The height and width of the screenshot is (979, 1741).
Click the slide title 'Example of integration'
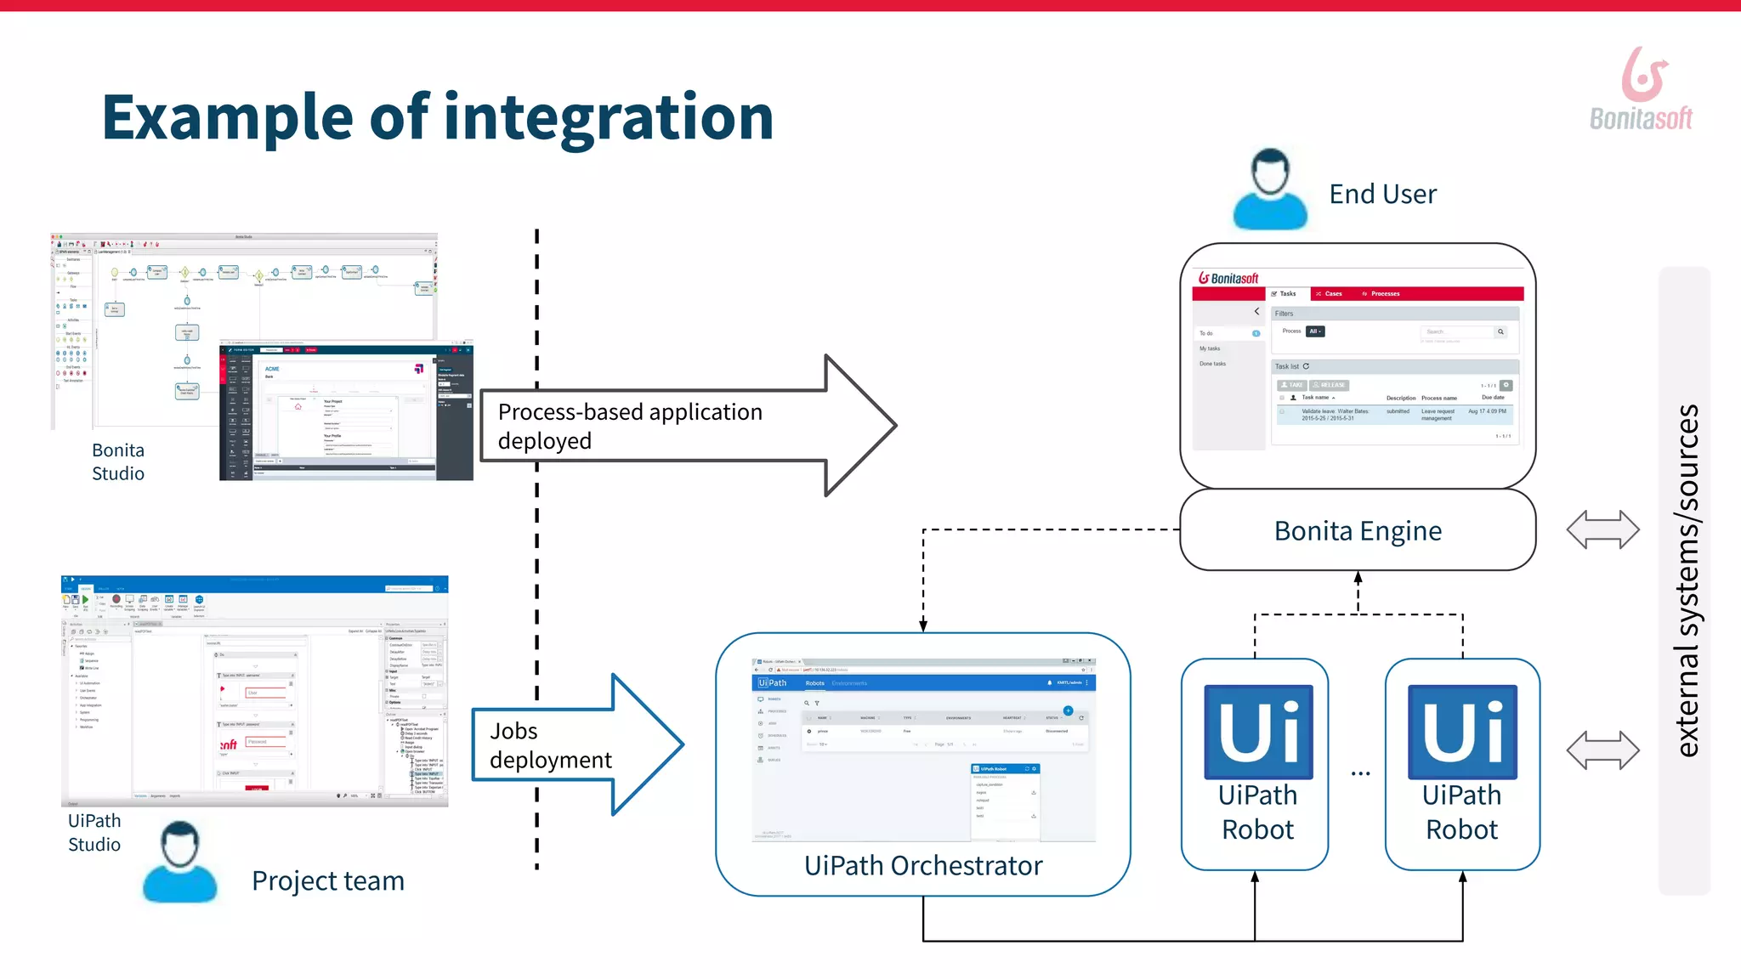[x=437, y=117]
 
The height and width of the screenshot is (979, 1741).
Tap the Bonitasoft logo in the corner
[x=1641, y=89]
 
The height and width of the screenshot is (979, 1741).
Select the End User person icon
[x=1270, y=190]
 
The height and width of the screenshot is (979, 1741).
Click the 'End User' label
[x=1382, y=195]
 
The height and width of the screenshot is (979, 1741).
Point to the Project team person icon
[x=179, y=862]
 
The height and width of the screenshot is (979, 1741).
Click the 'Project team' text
[x=327, y=881]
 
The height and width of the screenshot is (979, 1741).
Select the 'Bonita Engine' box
[x=1358, y=531]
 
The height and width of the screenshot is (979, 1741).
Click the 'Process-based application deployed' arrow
[x=680, y=426]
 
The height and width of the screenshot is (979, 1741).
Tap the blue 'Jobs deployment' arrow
[x=570, y=745]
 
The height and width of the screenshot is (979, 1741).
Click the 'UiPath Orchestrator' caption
[x=922, y=866]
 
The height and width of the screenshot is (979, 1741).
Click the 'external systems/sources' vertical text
[x=1687, y=580]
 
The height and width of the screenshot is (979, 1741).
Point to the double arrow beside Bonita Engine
[x=1602, y=529]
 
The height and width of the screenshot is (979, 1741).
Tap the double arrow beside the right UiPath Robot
[x=1602, y=750]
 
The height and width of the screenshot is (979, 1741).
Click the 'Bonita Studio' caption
[x=118, y=462]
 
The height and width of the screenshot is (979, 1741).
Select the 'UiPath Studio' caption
[x=94, y=833]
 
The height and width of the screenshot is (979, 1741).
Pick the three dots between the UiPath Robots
[x=1360, y=773]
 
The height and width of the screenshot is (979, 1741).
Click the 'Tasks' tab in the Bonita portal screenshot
[x=1285, y=294]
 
